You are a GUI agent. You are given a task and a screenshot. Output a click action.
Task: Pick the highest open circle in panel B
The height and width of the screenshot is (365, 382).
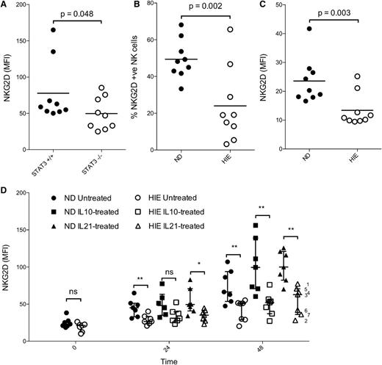pos(218,29)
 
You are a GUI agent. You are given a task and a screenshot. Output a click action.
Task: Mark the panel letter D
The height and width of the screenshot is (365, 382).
pos(7,173)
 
